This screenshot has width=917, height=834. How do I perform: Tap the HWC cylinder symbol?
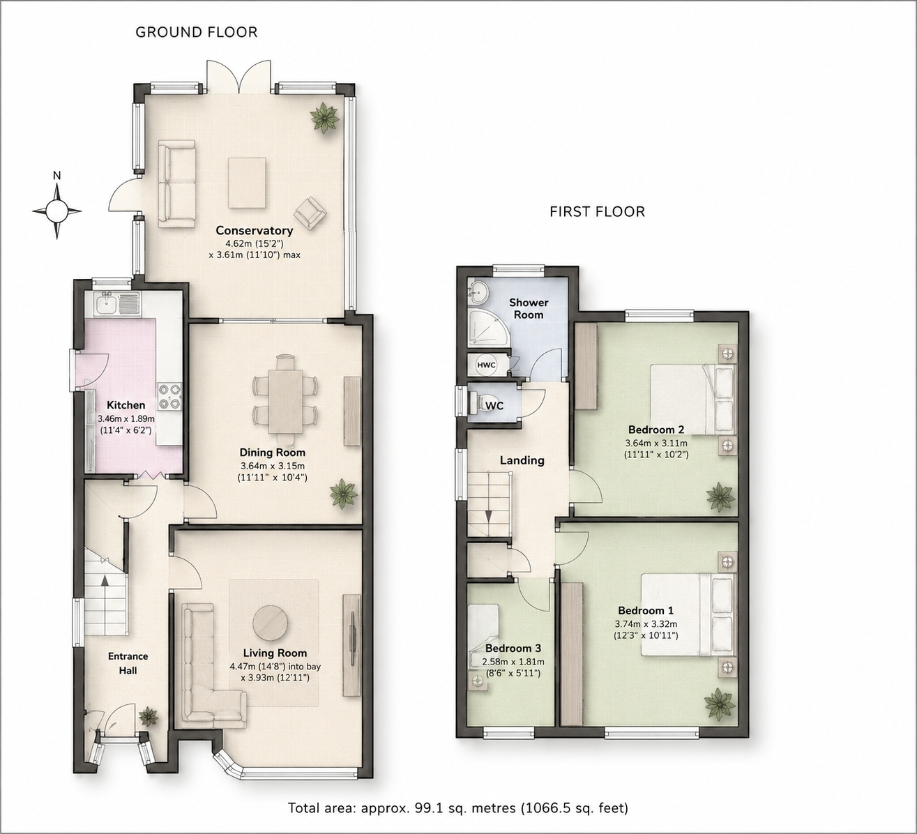(x=486, y=365)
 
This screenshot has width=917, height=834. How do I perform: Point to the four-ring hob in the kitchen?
(x=169, y=396)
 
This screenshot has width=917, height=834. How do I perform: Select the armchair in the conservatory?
(x=310, y=213)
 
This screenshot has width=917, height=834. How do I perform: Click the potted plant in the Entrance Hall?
(x=148, y=715)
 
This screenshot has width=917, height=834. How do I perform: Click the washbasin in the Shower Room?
(x=478, y=291)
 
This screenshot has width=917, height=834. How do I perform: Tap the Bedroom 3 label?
(x=513, y=648)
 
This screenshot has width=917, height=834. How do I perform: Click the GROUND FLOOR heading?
(x=197, y=32)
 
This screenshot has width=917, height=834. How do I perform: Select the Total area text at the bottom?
(x=457, y=808)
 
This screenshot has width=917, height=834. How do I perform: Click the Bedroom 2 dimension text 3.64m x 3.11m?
(x=656, y=443)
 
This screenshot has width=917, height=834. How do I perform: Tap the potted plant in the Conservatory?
(x=324, y=118)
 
